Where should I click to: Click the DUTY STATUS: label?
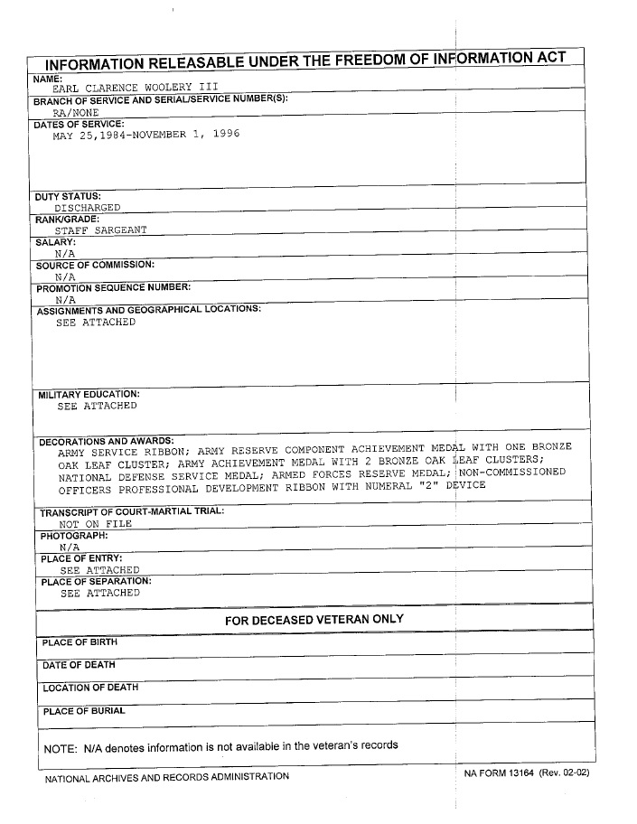[x=67, y=196]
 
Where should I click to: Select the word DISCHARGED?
[x=87, y=208]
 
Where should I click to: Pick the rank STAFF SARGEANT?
[x=100, y=230]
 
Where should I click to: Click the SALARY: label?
[x=54, y=242]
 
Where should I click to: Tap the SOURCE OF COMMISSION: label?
[x=95, y=265]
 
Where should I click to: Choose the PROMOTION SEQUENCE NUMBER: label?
[x=113, y=287]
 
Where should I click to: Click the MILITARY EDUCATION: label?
[x=89, y=395]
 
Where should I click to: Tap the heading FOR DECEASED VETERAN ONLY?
[x=314, y=619]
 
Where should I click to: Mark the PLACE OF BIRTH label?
[x=80, y=642]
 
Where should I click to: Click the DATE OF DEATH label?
[x=79, y=665]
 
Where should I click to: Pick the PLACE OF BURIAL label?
[x=83, y=711]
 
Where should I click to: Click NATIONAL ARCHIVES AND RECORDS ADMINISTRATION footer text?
[x=167, y=776]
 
